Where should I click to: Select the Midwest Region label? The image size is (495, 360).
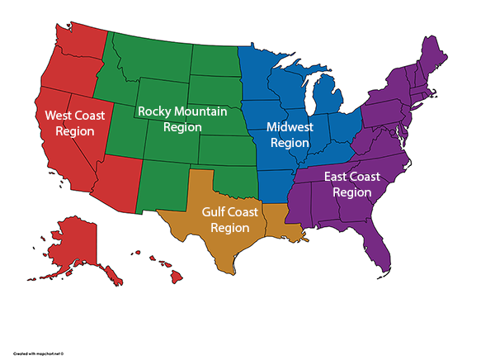pyautogui.click(x=290, y=135)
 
